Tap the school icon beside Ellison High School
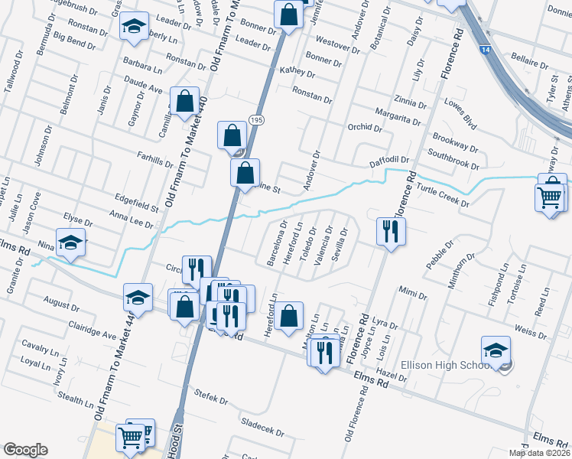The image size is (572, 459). tap(496, 350)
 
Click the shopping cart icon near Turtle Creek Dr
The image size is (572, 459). tap(551, 197)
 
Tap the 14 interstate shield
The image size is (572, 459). tap(486, 49)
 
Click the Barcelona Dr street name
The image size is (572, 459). tap(273, 243)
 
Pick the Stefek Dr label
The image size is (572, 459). tap(212, 399)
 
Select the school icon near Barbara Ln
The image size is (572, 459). tap(134, 27)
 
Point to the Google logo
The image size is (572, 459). tap(25, 450)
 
